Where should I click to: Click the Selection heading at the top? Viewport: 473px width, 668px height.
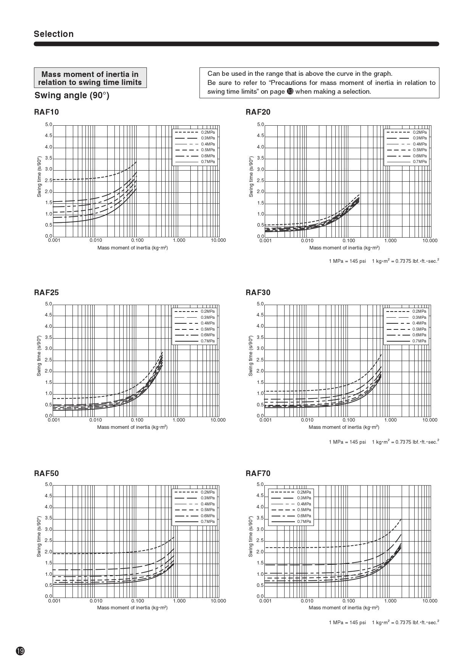coord(53,34)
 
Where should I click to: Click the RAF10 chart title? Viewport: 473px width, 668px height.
coord(46,112)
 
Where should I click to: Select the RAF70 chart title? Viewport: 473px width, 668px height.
coord(258,473)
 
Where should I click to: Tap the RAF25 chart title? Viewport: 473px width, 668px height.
coord(46,292)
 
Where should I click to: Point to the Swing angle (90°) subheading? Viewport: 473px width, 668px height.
coord(72,95)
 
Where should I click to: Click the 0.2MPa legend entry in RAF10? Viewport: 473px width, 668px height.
coord(208,132)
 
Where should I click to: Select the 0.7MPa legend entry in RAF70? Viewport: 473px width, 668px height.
coord(304,521)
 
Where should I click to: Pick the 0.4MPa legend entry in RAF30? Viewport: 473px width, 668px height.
coord(419,323)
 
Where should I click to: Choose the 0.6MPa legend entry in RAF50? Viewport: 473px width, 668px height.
coord(208,516)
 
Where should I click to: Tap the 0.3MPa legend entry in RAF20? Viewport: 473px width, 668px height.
coord(420,138)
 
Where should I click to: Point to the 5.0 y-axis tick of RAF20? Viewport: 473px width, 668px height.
coord(261,125)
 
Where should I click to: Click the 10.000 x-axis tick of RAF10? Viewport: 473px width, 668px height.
coord(218,240)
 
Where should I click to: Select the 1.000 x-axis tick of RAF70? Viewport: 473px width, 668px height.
coord(390,601)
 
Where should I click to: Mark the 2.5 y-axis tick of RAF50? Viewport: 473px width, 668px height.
coord(48,540)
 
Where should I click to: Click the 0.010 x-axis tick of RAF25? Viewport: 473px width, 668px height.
coord(95,420)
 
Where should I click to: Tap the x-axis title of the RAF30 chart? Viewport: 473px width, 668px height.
coord(344,427)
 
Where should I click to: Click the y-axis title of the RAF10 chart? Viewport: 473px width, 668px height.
coord(39,176)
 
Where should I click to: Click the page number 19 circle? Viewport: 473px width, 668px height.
coord(20,651)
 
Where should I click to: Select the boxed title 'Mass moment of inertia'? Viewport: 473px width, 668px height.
coord(90,78)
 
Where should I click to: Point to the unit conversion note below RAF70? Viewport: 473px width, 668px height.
coord(384,622)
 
